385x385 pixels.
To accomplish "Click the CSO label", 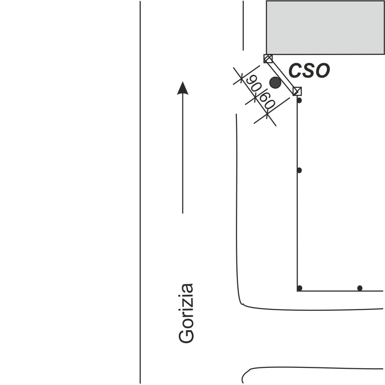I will (x=309, y=71).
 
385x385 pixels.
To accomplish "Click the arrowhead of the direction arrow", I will (x=183, y=87).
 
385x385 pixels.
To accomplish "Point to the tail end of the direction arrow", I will (x=183, y=213).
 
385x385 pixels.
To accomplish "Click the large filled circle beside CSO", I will (x=275, y=83).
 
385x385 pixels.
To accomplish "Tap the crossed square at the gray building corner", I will (x=268, y=59).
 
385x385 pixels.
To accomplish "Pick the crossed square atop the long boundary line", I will (x=298, y=91).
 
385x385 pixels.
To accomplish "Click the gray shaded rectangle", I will (x=325, y=27).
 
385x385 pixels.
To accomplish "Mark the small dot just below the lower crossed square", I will (x=300, y=100).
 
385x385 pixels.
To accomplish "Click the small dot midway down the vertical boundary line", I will (x=300, y=170).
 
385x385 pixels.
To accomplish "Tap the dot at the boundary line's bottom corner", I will (x=300, y=288).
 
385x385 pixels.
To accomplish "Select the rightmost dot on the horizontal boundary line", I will (x=359, y=288).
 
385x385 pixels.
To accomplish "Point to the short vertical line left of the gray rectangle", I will (x=243, y=26).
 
